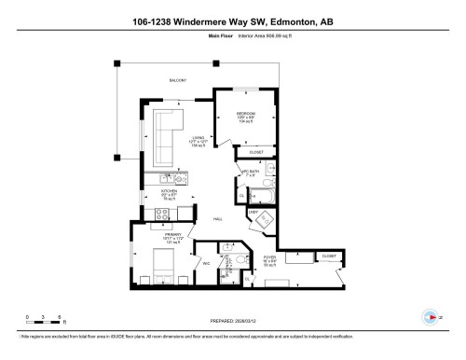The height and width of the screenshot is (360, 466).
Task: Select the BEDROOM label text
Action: [x=246, y=113]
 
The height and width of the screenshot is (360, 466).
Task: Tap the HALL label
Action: [x=217, y=219]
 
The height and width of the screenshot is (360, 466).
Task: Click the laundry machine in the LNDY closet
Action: [x=266, y=222]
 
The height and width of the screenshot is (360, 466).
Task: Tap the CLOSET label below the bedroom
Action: [x=256, y=152]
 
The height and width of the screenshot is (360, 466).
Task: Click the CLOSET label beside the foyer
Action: [x=328, y=255]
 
